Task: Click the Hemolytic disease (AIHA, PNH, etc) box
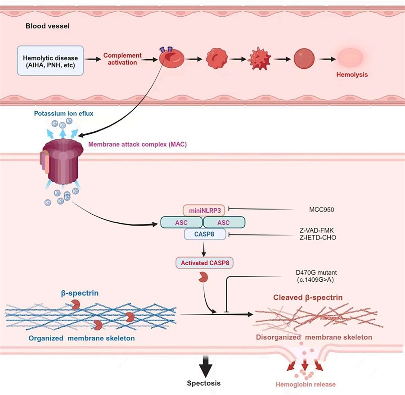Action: [50, 60]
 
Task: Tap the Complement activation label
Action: [122, 59]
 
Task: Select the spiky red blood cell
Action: [259, 59]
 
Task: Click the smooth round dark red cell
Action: [304, 59]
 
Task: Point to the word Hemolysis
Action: [352, 74]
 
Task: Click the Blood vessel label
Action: [48, 26]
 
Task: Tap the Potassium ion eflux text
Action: [63, 113]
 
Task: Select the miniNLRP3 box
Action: [204, 211]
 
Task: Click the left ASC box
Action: [181, 222]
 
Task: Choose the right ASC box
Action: [224, 222]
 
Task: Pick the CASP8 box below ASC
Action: [205, 234]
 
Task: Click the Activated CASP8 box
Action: [205, 263]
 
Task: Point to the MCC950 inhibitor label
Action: [322, 209]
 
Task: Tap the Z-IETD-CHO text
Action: [318, 238]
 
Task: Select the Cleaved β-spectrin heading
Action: [308, 298]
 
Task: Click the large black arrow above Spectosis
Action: [206, 367]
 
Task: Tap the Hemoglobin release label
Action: [306, 384]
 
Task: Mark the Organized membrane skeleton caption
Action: [81, 338]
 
